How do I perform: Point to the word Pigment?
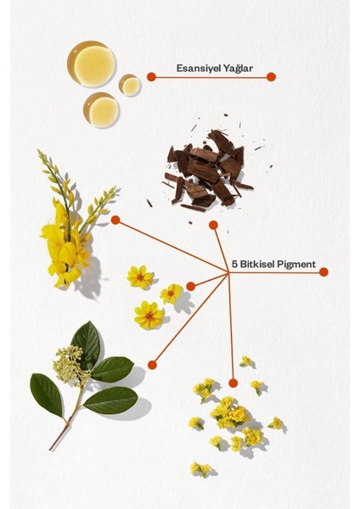pyautogui.click(x=297, y=264)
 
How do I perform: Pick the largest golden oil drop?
pyautogui.click(x=93, y=64)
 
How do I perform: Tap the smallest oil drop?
pyautogui.click(x=130, y=85)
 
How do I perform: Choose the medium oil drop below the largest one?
pyautogui.click(x=102, y=110)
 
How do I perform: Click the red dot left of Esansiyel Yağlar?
pyautogui.click(x=151, y=76)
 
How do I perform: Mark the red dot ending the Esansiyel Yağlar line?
pyautogui.click(x=271, y=76)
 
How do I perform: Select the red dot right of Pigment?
pyautogui.click(x=323, y=272)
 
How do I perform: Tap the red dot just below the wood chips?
pyautogui.click(x=213, y=225)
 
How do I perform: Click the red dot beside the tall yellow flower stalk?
pyautogui.click(x=115, y=220)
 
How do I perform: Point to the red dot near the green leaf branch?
pyautogui.click(x=152, y=365)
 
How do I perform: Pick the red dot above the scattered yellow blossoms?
pyautogui.click(x=233, y=383)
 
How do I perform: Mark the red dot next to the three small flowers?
pyautogui.click(x=190, y=286)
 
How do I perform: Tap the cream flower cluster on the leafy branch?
pyautogui.click(x=66, y=366)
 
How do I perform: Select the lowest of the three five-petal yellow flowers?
pyautogui.click(x=149, y=316)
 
